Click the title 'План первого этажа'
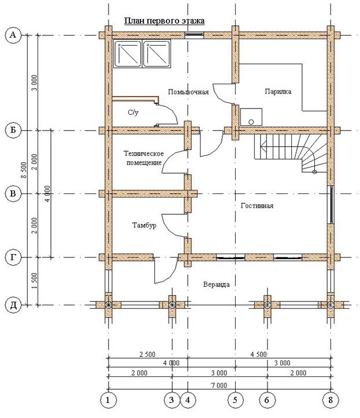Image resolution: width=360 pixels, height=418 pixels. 164,21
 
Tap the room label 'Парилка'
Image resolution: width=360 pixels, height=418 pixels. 278,91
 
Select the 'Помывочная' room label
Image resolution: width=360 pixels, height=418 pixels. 188,92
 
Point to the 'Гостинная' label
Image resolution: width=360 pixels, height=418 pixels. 257,206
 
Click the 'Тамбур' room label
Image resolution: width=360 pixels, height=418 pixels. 144,225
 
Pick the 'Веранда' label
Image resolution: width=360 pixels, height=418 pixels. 217,284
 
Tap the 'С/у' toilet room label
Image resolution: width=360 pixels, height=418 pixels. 133,113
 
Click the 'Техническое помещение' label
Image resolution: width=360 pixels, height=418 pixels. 144,158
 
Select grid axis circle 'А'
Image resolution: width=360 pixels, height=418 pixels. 13,35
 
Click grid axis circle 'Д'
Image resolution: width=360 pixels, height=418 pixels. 13,305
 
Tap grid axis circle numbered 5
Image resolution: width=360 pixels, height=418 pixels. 235,400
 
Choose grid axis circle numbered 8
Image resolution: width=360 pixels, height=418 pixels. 331,400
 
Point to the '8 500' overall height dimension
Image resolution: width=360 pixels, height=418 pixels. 24,170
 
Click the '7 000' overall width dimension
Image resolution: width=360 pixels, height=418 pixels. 220,385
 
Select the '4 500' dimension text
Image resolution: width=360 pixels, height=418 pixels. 259,354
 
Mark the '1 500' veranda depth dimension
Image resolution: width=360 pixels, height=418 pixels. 35,281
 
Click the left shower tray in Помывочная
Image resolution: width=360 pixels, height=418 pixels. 128,54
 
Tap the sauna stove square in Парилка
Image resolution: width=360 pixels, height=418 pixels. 251,117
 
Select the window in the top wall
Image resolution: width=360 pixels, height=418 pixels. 195,35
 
